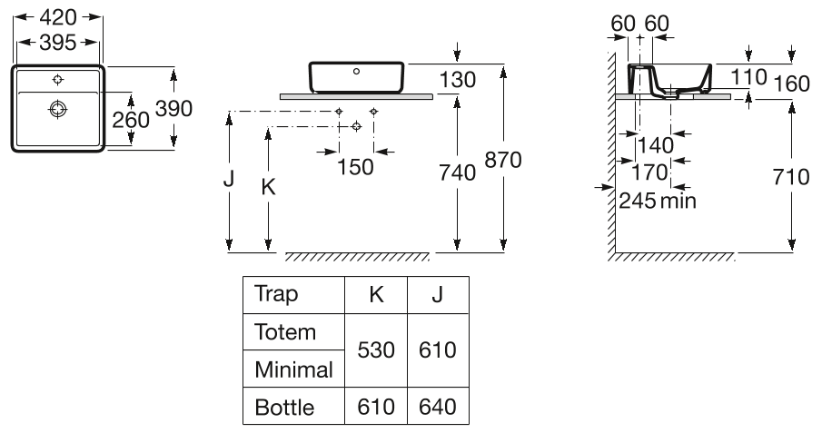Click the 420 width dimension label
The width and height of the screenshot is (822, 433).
pos(60,17)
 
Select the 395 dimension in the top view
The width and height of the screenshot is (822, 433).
pos(60,42)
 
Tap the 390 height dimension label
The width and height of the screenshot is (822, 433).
pos(174,109)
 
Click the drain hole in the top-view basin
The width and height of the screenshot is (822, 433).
pos(58,109)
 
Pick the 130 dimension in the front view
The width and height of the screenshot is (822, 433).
pos(457,80)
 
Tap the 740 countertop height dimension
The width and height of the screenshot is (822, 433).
pos(457,172)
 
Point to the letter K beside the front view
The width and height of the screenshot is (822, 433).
pos(268,187)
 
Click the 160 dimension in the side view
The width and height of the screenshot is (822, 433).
pos(790,83)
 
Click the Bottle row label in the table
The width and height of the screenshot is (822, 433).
pos(285,407)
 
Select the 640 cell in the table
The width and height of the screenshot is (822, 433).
pos(437,407)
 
